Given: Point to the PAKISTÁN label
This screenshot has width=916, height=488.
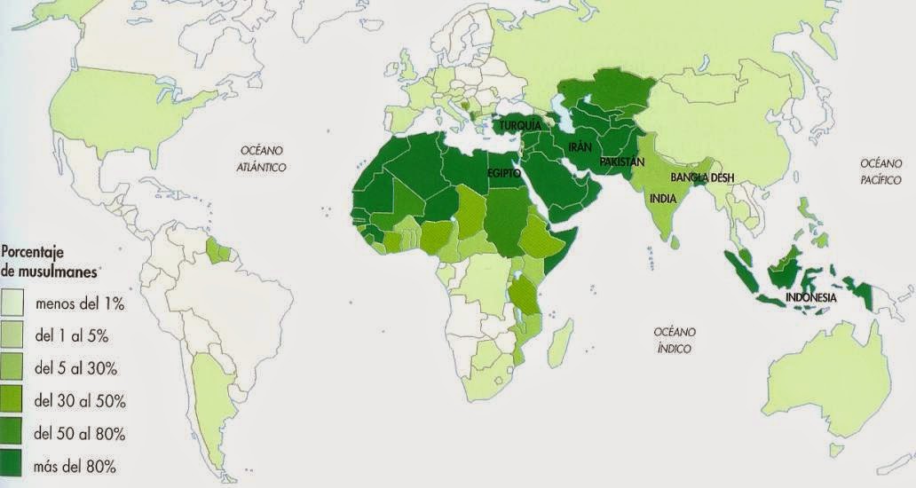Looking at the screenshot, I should pos(621,162).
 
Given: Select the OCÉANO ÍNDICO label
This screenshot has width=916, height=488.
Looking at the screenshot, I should pos(675,340).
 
